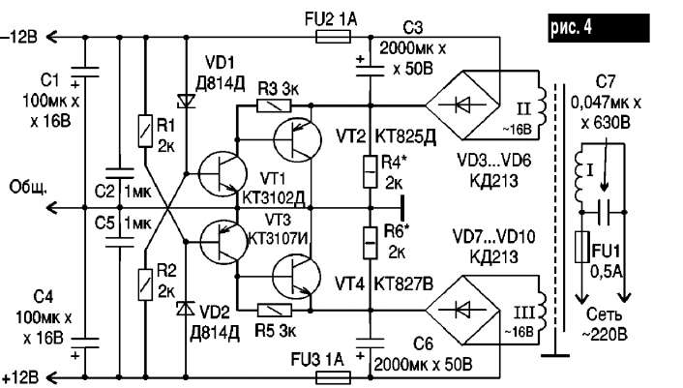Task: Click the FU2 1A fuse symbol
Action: click(x=333, y=37)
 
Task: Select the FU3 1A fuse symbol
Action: click(x=333, y=377)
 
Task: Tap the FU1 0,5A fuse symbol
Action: click(x=582, y=247)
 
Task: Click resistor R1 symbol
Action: click(x=145, y=131)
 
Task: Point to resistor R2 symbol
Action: click(x=145, y=284)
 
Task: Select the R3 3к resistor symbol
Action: click(x=274, y=105)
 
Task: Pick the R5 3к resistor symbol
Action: click(x=275, y=310)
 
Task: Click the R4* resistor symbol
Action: click(x=371, y=172)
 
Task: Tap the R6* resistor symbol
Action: click(x=371, y=243)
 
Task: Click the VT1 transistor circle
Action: click(x=223, y=174)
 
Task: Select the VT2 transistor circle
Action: click(x=298, y=139)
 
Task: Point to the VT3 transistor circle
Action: click(x=223, y=242)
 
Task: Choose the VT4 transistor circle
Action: click(x=296, y=276)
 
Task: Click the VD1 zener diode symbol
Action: click(x=188, y=102)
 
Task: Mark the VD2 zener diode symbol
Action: click(x=188, y=309)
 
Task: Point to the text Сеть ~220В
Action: click(x=605, y=324)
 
